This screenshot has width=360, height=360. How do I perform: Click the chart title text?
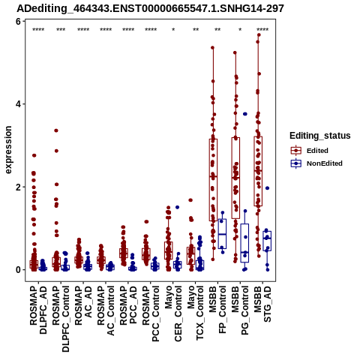click(x=150, y=8)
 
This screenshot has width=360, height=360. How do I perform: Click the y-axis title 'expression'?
click(x=8, y=150)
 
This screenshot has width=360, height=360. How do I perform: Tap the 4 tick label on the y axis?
click(x=18, y=104)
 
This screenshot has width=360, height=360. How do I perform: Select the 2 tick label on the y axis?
click(x=18, y=187)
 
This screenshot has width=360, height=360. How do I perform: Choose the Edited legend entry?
click(x=310, y=151)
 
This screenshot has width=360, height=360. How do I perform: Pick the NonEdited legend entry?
click(x=316, y=163)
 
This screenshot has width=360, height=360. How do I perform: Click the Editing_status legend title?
click(x=320, y=136)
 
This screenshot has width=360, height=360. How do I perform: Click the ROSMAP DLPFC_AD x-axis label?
click(x=38, y=310)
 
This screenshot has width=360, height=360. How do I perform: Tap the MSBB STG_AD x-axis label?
click(x=262, y=304)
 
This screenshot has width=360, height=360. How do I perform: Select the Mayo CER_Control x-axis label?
click(x=173, y=313)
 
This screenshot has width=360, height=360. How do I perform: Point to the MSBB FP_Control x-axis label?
click(x=217, y=310)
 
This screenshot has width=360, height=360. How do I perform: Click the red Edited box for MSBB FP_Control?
click(x=213, y=180)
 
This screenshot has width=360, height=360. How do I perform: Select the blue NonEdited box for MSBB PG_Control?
click(x=244, y=243)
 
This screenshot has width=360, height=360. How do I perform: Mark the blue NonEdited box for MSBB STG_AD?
click(x=267, y=241)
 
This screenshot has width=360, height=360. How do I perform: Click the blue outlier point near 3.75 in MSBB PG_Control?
click(x=245, y=114)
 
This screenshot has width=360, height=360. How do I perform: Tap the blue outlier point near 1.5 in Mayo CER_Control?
click(x=177, y=207)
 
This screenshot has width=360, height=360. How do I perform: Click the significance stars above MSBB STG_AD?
click(x=262, y=30)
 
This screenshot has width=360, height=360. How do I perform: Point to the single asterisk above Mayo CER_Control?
click(x=173, y=30)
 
